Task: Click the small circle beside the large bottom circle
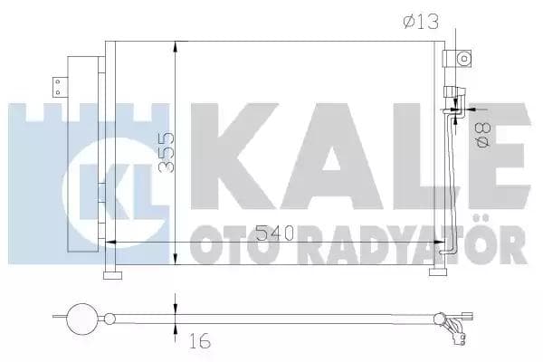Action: (110, 318)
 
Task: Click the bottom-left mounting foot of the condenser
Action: (113, 275)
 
